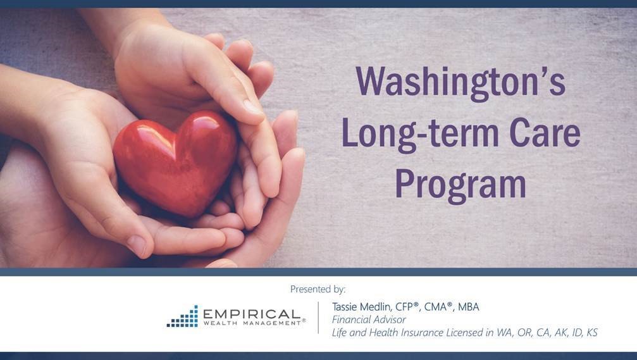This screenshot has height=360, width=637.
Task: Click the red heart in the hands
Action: point(175,163)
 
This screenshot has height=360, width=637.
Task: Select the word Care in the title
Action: point(545,132)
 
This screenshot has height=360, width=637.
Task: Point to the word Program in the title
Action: point(461,185)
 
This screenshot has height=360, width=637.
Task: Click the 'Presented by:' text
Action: point(318,289)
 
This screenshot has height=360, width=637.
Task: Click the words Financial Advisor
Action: point(368,320)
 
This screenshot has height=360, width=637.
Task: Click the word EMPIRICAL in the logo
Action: point(252,314)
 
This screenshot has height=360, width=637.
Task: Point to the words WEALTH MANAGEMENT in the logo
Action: point(252,323)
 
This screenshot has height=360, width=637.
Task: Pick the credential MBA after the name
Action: point(468,307)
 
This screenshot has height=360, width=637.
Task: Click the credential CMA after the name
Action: point(437,307)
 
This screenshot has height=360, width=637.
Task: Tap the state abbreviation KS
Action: point(592,333)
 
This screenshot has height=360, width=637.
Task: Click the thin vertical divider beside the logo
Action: point(319,318)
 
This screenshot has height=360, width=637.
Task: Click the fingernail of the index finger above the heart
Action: point(252,107)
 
